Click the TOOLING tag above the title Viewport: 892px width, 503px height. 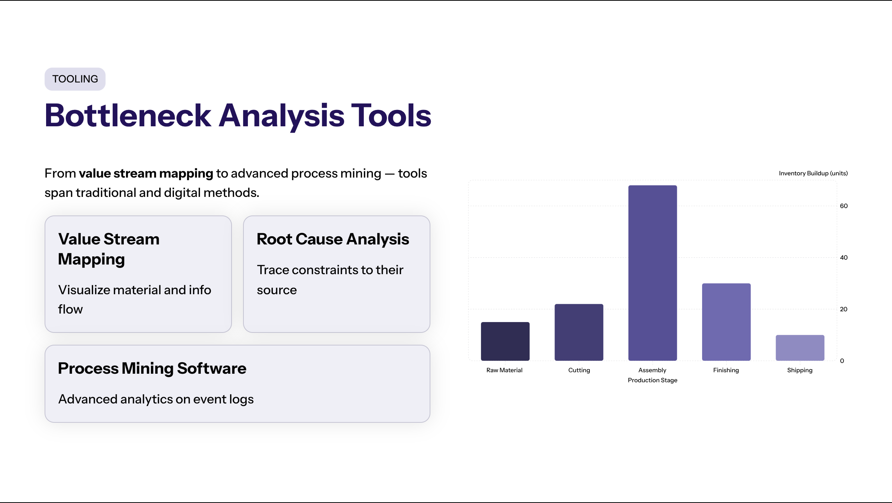[x=75, y=79]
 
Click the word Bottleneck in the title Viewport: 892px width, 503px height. [x=128, y=116]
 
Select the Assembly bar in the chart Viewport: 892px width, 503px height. [x=653, y=273]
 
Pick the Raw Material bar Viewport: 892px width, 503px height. [x=505, y=341]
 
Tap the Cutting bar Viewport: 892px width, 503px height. [x=579, y=332]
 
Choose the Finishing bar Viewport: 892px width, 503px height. [x=726, y=322]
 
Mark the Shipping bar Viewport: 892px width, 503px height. [x=800, y=348]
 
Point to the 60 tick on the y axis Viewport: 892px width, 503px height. [x=844, y=206]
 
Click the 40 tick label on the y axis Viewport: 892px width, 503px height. [x=844, y=257]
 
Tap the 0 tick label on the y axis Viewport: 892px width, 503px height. [x=842, y=361]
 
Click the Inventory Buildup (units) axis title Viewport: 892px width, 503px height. [x=813, y=173]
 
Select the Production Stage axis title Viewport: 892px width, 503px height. [x=653, y=380]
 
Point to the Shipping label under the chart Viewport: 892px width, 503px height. [x=800, y=370]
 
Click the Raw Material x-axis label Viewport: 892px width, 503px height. [x=504, y=370]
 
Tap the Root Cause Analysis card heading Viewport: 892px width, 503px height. [x=333, y=239]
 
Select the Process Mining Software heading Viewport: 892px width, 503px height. [x=152, y=369]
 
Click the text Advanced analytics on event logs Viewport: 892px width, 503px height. [x=156, y=399]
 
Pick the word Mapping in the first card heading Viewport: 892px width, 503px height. [x=91, y=259]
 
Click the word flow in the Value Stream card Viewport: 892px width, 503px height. [x=71, y=309]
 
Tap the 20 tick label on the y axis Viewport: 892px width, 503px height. [x=844, y=309]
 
